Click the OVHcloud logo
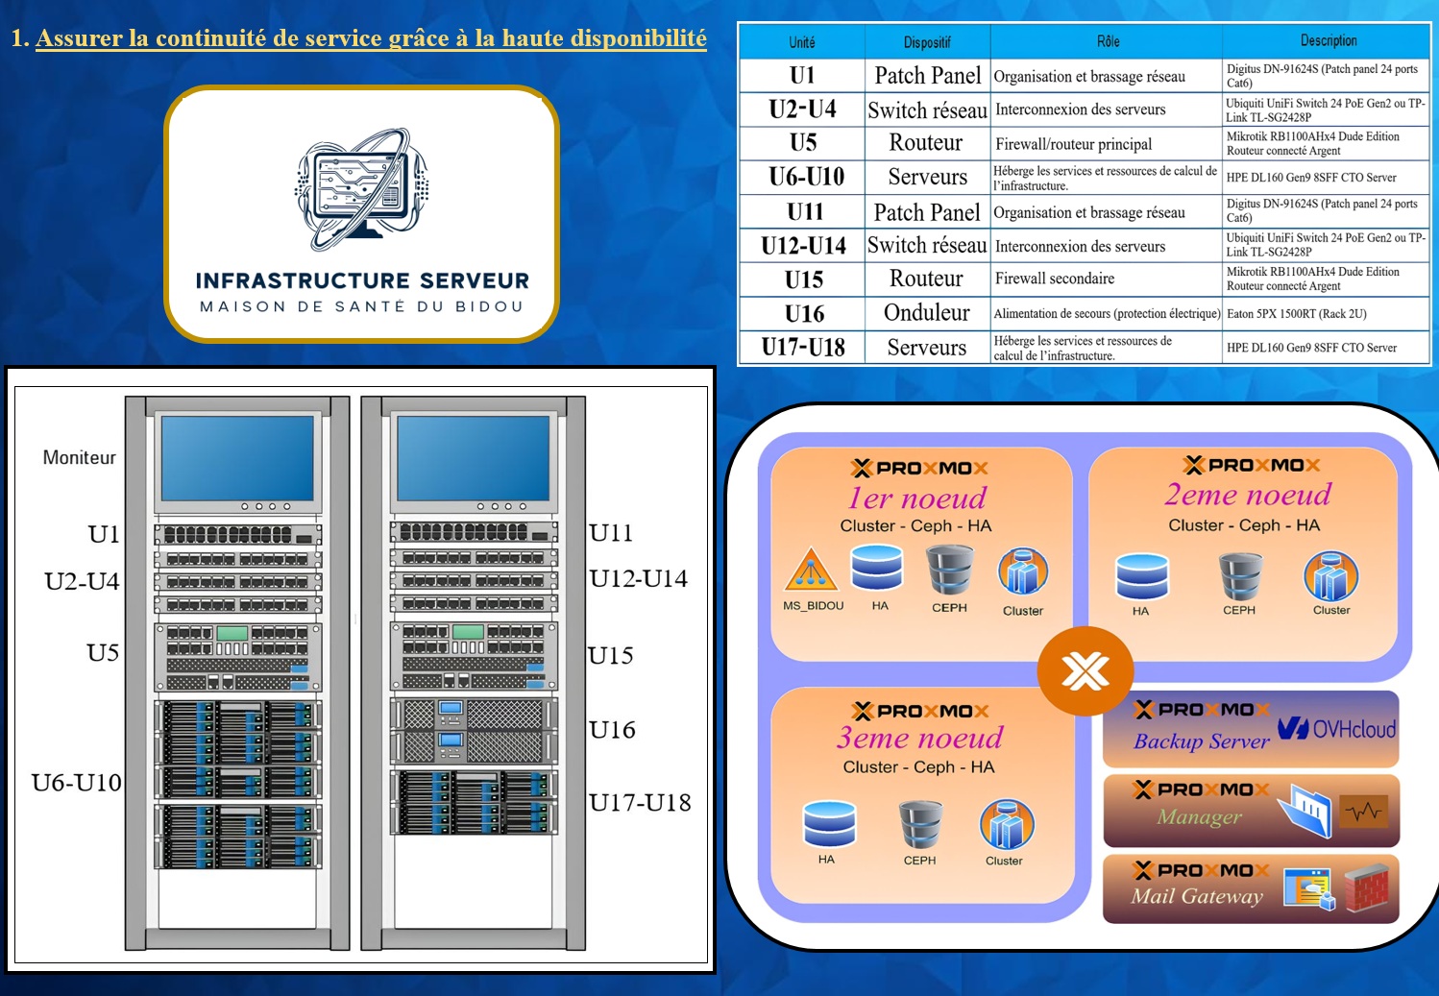tap(1336, 729)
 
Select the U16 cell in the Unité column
tap(804, 313)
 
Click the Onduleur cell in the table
tap(926, 313)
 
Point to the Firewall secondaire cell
tap(1054, 279)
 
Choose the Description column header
tap(1328, 41)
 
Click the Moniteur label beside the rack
tap(79, 457)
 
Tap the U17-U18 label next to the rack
tap(640, 803)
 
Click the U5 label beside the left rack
tap(103, 652)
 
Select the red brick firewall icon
tap(1367, 888)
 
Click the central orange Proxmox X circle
tap(1085, 671)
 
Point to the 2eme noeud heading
tap(1248, 495)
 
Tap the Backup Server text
tap(1202, 741)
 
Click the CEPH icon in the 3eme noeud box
tap(920, 824)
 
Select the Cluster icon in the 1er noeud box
tap(1023, 571)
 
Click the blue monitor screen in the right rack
tap(474, 458)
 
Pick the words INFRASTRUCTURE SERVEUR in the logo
tap(362, 280)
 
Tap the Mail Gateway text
tap(1197, 896)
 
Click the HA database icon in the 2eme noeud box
tap(1142, 576)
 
